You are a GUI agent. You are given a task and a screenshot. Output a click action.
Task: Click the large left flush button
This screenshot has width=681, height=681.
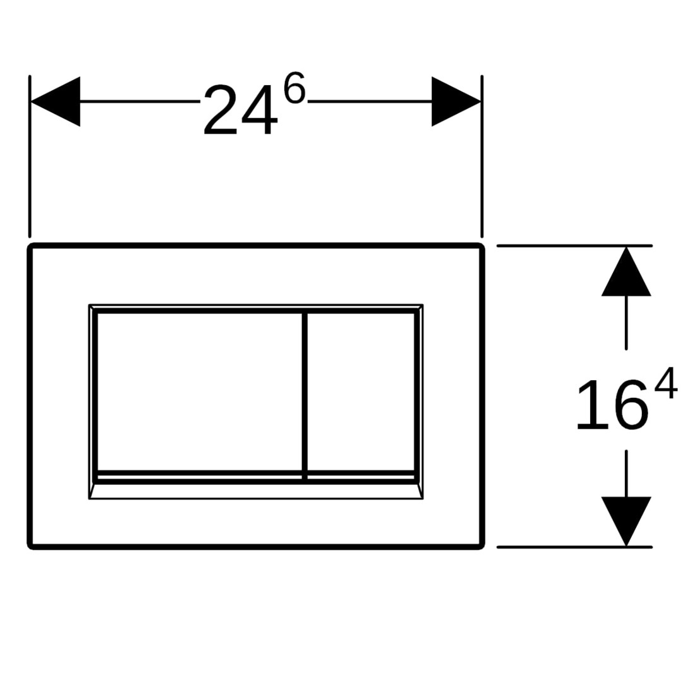click(x=199, y=391)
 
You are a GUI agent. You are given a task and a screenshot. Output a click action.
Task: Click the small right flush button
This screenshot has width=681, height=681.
click(x=361, y=391)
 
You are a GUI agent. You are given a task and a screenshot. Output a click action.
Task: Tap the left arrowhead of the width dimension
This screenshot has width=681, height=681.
click(x=55, y=102)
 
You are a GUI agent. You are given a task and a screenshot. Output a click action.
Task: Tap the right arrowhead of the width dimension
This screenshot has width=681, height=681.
click(x=456, y=102)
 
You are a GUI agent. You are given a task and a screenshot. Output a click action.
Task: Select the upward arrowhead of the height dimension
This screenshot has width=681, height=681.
click(x=626, y=271)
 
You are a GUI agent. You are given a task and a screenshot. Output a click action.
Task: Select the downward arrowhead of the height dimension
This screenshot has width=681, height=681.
click(x=626, y=521)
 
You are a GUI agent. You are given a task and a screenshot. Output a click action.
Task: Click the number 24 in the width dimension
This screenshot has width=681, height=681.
click(x=240, y=110)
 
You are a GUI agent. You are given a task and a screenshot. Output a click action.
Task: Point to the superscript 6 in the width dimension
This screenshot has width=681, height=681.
click(x=294, y=88)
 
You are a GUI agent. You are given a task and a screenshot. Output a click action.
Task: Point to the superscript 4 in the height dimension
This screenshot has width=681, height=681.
click(x=666, y=383)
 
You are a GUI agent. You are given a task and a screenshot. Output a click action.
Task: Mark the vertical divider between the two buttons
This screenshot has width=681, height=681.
click(x=305, y=395)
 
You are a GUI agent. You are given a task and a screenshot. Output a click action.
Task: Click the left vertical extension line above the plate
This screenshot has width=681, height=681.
click(x=30, y=156)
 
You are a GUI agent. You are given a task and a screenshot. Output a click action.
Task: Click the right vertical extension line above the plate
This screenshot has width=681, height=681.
click(x=482, y=156)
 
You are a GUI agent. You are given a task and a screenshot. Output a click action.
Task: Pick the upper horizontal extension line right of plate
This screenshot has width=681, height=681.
click(x=574, y=246)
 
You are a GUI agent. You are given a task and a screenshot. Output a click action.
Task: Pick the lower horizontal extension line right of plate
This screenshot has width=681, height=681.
click(x=574, y=547)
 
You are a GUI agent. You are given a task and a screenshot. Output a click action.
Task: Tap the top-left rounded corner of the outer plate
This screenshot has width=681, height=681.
click(x=30, y=247)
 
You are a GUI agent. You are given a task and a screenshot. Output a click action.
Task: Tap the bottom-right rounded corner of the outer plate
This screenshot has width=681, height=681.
click(x=482, y=547)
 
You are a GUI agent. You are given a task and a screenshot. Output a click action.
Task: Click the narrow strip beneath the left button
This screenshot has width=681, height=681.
click(x=199, y=477)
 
